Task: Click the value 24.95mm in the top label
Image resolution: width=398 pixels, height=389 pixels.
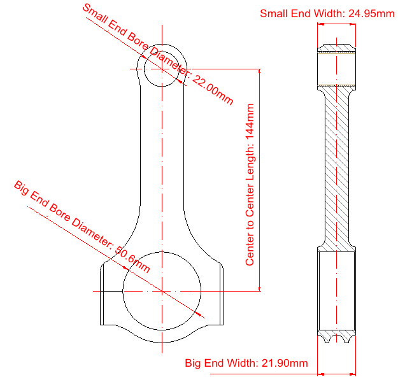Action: click(x=371, y=13)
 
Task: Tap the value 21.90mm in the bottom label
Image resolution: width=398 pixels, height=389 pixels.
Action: click(x=285, y=363)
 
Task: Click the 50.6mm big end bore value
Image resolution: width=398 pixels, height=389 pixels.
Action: click(x=132, y=259)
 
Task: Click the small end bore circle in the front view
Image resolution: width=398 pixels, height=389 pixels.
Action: click(x=162, y=69)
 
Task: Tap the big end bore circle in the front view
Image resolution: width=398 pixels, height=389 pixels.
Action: click(x=162, y=291)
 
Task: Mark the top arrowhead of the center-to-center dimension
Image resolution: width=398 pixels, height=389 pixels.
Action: click(x=259, y=71)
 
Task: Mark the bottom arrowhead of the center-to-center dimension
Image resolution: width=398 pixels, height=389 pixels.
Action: click(x=259, y=288)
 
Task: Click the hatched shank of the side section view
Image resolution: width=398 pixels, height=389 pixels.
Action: click(x=337, y=167)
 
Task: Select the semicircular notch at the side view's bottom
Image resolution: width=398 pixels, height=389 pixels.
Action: click(x=337, y=339)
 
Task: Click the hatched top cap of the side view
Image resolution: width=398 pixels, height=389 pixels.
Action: click(x=337, y=48)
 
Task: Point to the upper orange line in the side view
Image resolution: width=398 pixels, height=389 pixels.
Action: click(x=337, y=53)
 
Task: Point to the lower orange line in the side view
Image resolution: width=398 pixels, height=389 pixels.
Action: click(x=337, y=85)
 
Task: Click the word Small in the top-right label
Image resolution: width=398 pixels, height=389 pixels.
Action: click(x=274, y=13)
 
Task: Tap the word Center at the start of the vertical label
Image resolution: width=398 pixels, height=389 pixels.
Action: click(x=250, y=251)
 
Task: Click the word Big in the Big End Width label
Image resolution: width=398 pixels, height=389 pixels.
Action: click(x=193, y=363)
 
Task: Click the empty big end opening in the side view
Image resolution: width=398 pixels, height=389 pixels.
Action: click(x=337, y=291)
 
